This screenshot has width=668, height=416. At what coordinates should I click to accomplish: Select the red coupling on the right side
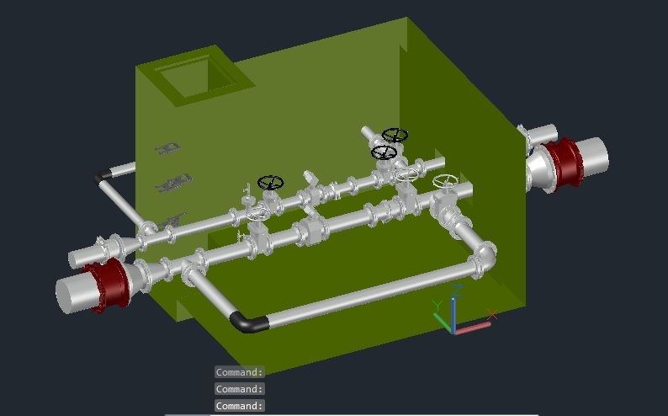(x=562, y=162)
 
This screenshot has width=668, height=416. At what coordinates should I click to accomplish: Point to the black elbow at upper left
(x=103, y=175)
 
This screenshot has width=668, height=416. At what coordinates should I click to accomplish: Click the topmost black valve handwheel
(x=395, y=135)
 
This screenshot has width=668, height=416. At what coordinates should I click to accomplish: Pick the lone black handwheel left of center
(x=271, y=183)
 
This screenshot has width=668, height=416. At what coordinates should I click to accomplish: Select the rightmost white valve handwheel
(x=445, y=181)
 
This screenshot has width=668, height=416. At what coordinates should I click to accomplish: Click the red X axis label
(x=492, y=315)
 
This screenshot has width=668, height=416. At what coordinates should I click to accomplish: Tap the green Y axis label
(x=437, y=305)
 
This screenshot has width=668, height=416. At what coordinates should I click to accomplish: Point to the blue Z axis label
(x=457, y=291)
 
